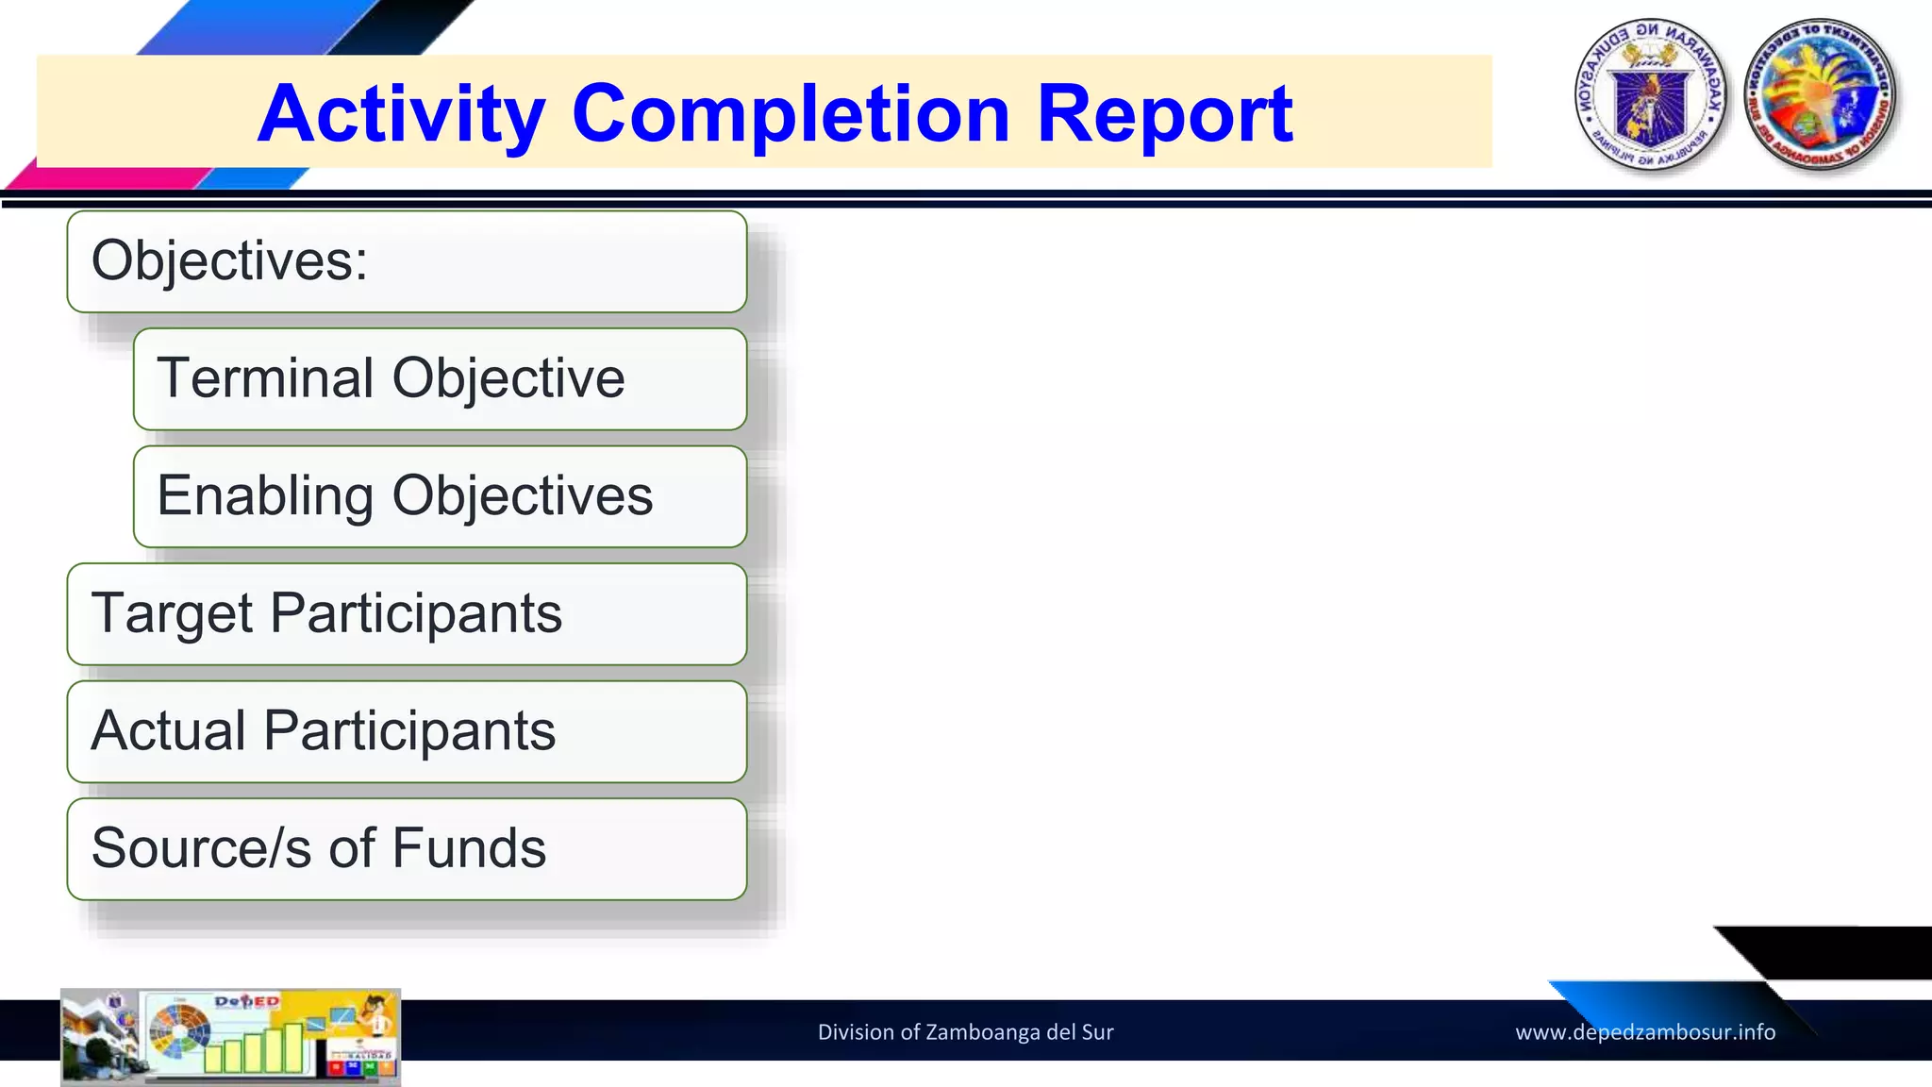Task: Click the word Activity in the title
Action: (401, 115)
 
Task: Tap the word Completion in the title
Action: (791, 115)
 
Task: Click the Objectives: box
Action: (407, 261)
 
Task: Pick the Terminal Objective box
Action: (440, 379)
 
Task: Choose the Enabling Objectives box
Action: (440, 496)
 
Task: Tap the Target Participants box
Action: (407, 614)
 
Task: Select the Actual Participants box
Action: (407, 731)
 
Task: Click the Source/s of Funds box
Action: (407, 849)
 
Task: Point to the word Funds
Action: (469, 847)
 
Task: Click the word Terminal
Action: (265, 378)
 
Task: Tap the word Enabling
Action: (265, 497)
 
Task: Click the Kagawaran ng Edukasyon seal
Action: (1651, 94)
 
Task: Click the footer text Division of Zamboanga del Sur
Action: (965, 1032)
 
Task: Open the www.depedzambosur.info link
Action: (1645, 1032)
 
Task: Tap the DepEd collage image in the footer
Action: (231, 1036)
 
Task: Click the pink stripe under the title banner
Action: (104, 178)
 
